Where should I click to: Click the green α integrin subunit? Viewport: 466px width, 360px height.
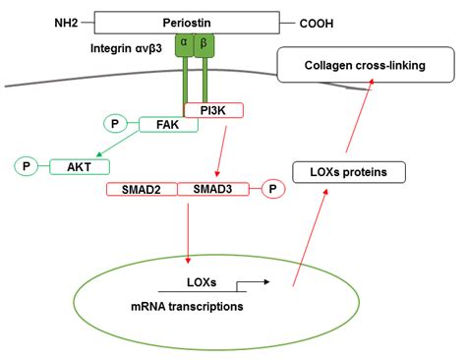click(184, 44)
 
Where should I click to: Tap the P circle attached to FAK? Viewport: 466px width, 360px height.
click(117, 125)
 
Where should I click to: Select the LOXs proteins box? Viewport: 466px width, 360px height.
click(349, 173)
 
